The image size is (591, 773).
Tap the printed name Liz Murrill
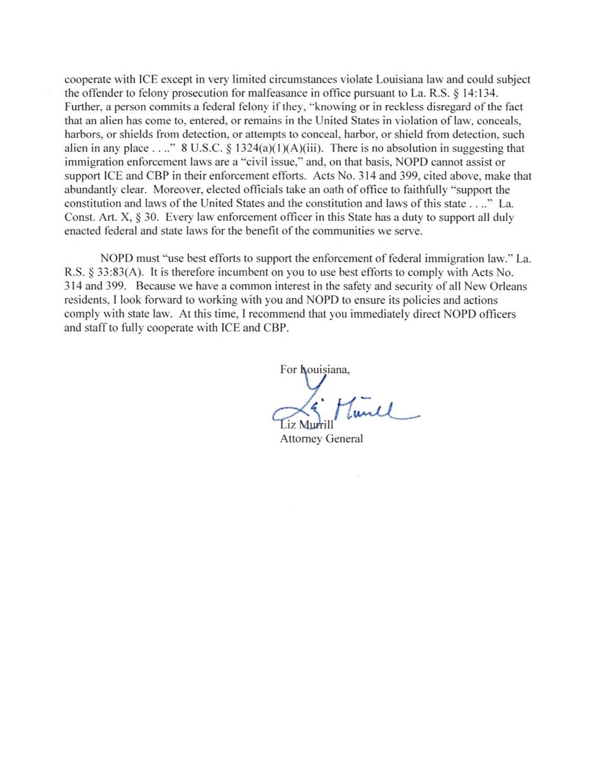click(302, 426)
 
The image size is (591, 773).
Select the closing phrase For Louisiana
click(315, 370)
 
